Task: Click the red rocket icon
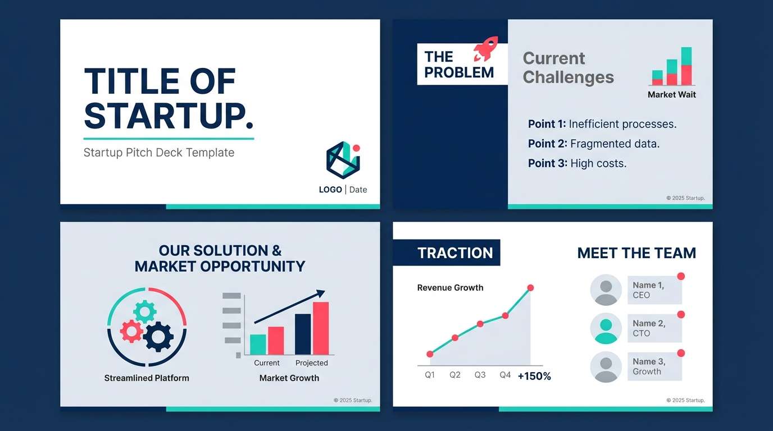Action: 485,49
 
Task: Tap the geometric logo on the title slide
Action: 342,160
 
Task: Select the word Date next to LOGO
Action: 358,190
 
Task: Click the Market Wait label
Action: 671,95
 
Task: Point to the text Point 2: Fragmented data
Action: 593,144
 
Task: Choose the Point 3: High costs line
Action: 577,163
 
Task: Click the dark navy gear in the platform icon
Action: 158,337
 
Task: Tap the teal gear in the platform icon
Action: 144,311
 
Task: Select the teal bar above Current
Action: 258,344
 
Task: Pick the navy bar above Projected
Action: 303,334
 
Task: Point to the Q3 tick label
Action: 480,375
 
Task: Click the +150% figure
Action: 534,376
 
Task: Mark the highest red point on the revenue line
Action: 530,288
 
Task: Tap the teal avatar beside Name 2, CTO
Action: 606,328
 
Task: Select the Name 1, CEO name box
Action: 654,290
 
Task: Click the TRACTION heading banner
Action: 447,253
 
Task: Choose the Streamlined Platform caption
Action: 147,378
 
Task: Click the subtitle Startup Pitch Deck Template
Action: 159,153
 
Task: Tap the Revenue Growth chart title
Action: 450,288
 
